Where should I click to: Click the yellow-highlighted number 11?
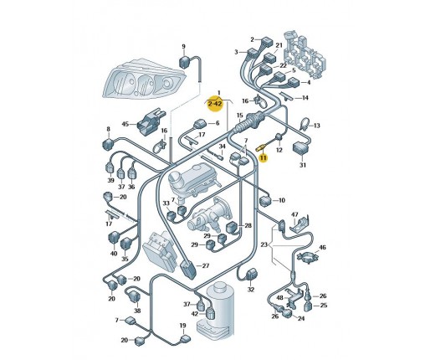tap(264, 158)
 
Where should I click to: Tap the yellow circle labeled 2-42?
tap(215, 104)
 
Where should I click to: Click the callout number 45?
tap(125, 124)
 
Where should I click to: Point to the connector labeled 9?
tap(185, 62)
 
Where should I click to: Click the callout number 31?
tap(303, 165)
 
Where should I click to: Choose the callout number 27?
tap(206, 265)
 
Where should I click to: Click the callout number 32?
tap(251, 290)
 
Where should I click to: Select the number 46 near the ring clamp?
tap(322, 247)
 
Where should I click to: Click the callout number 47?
tap(294, 214)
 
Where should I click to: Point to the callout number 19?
tap(182, 326)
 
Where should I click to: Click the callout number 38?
tap(137, 311)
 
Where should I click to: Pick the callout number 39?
tap(111, 180)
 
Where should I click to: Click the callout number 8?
tap(109, 129)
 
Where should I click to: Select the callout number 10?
tap(282, 200)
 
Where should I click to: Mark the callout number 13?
tap(317, 126)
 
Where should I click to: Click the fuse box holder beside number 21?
tap(305, 55)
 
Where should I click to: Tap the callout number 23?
tap(264, 244)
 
